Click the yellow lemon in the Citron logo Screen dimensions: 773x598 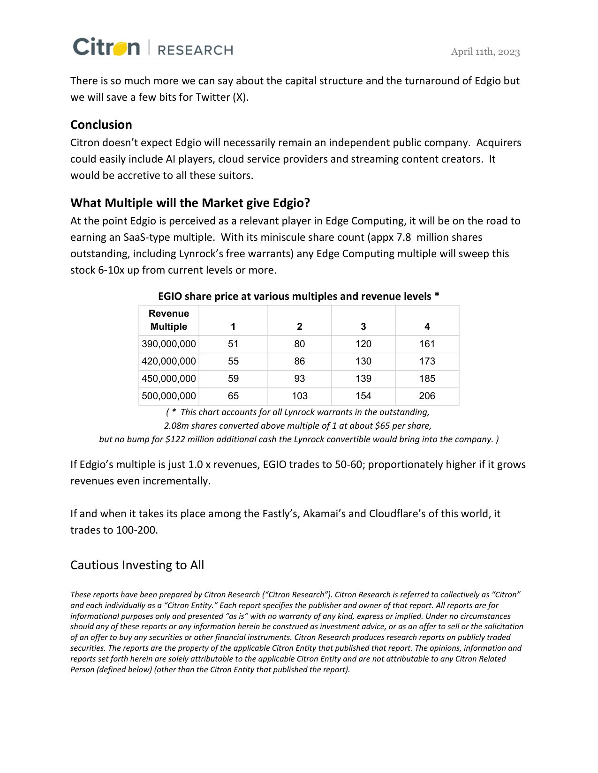coord(120,48)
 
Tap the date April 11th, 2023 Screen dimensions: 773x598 coord(485,52)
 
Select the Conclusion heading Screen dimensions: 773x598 coord(101,125)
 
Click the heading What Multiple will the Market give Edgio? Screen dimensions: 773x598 coord(190,203)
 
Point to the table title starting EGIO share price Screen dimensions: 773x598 coord(298,296)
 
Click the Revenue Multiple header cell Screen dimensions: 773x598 coord(168,320)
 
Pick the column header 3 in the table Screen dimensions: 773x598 coord(363,327)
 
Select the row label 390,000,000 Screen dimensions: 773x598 coord(168,344)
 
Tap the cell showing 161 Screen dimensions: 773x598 coord(427,344)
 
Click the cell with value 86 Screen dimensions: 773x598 coord(299,361)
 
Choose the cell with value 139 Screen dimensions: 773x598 coord(363,379)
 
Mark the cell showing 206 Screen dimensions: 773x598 coord(427,396)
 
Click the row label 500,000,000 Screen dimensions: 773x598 coord(168,396)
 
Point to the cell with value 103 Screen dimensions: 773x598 coord(299,396)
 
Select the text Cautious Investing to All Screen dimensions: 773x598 coord(137,565)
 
